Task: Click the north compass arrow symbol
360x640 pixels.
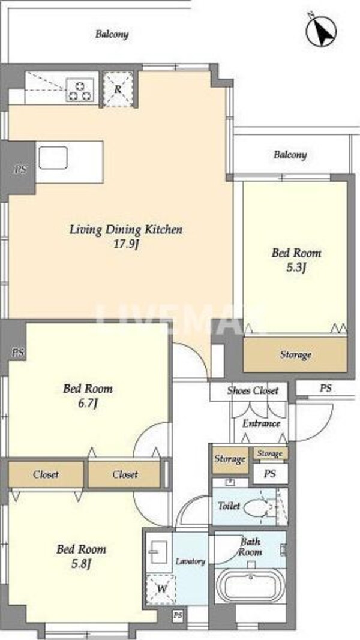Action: point(321,31)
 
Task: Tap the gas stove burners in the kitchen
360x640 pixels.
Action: point(80,89)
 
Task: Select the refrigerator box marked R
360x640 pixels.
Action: point(118,89)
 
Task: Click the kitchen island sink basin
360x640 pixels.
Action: point(53,158)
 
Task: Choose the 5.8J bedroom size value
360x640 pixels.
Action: point(80,564)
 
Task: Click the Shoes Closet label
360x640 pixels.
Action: point(253,390)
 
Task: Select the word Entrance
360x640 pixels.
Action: point(261,423)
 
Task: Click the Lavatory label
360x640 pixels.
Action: point(190,561)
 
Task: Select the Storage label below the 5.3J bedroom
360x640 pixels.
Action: point(296,354)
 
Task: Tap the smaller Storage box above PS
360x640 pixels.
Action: point(270,453)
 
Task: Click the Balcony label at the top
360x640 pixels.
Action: point(112,34)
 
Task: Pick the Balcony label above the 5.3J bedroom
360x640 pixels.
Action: point(290,155)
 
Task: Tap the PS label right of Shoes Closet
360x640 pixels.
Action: point(325,389)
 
